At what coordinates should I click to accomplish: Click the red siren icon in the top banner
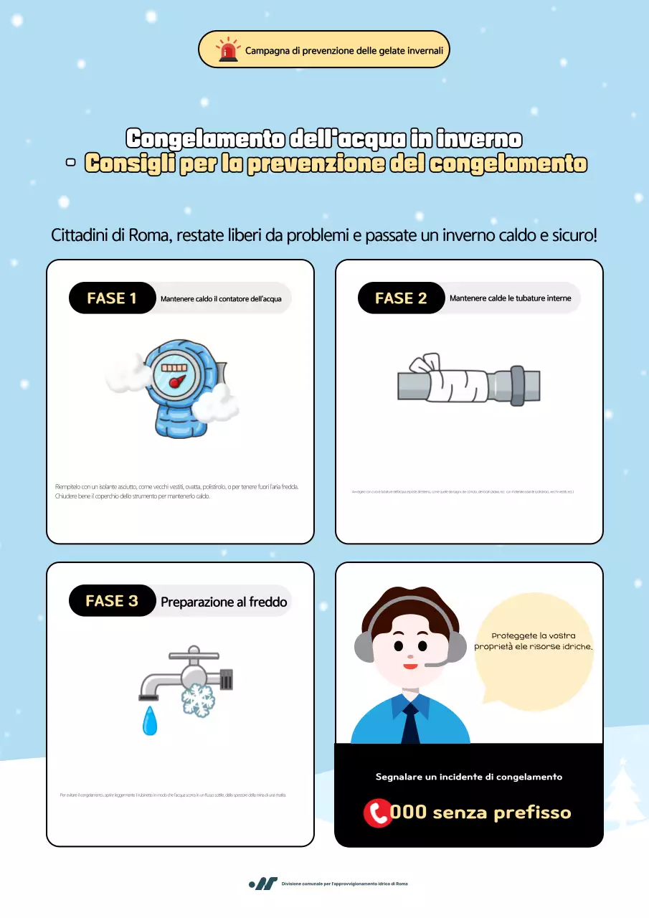pos(228,50)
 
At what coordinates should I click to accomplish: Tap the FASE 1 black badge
pos(112,298)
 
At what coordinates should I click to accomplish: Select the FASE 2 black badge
pos(401,298)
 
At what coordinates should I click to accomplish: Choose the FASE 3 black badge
pos(112,600)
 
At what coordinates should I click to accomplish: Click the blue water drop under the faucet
pos(150,721)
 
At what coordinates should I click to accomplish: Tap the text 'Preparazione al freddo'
pos(224,602)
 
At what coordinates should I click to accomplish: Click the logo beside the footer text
pos(263,884)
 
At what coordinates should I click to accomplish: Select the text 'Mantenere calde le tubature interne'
pos(510,298)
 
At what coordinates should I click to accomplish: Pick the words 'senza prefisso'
pos(502,813)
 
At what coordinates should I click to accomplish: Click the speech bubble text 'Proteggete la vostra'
pos(534,635)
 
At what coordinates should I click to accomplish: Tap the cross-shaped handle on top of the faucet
pos(193,654)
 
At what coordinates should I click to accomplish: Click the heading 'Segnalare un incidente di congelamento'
pos(469,777)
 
